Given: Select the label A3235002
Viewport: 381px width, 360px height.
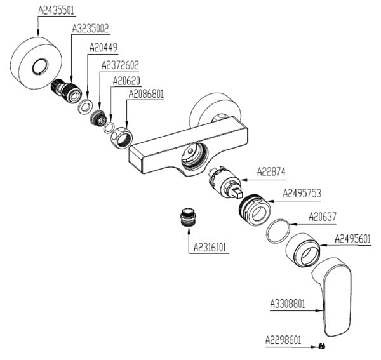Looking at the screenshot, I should click(x=91, y=29).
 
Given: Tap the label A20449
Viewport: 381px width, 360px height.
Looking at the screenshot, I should click(x=103, y=47).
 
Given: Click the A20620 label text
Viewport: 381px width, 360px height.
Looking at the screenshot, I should click(x=126, y=81).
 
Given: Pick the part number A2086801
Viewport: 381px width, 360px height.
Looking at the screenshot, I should click(x=147, y=93).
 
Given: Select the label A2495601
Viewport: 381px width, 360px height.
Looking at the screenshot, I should click(x=353, y=239).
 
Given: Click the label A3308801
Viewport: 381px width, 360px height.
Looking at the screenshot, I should click(x=288, y=303).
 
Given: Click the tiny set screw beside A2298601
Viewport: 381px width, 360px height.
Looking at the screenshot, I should click(x=323, y=345).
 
